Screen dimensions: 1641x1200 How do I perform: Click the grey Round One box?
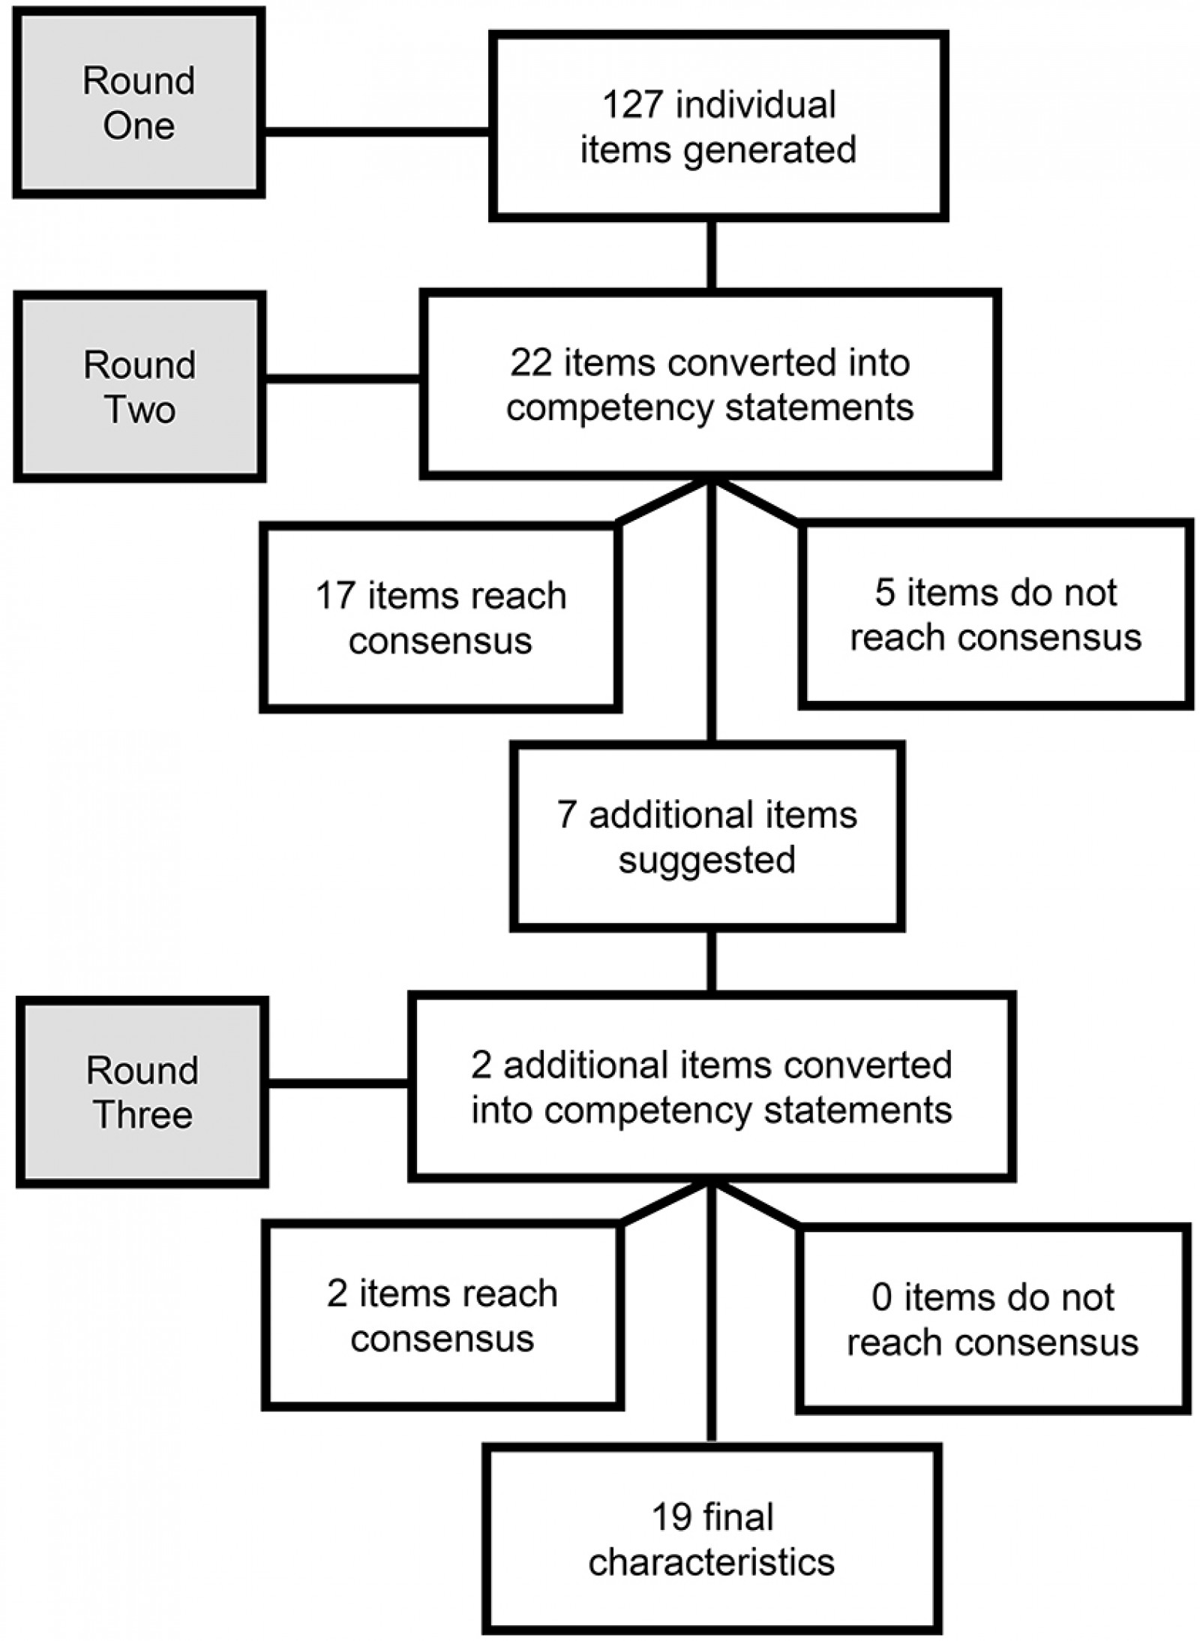pos(139,103)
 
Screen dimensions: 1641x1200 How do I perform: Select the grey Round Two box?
pos(139,386)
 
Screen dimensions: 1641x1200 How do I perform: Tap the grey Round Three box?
pos(142,1092)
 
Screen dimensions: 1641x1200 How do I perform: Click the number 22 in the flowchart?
pos(531,363)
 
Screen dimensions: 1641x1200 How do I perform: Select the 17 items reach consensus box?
pos(441,618)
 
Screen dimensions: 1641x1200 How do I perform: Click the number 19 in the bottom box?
pos(671,1517)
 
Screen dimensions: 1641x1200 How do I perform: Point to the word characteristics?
pos(711,1562)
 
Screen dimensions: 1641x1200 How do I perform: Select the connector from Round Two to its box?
pos(343,379)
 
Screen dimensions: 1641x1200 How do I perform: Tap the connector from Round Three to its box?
pos(338,1083)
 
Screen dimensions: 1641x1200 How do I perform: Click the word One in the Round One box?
pos(139,126)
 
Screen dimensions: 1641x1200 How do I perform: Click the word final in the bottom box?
pos(736,1517)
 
